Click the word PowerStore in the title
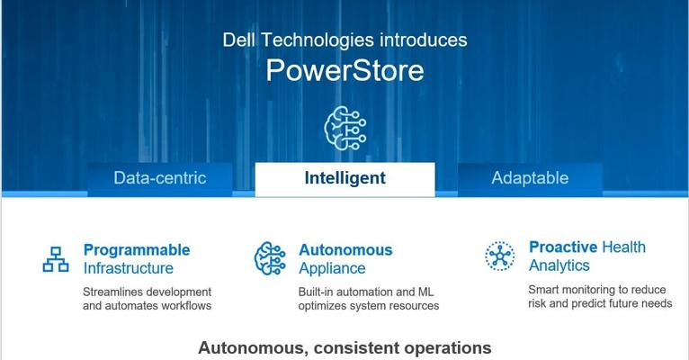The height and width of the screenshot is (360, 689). (x=344, y=70)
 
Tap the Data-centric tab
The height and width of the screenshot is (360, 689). (x=160, y=179)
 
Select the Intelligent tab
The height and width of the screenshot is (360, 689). (x=344, y=179)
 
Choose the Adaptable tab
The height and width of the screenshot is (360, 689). (x=530, y=179)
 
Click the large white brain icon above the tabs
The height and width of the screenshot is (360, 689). (x=344, y=128)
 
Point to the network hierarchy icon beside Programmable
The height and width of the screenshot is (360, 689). (x=56, y=259)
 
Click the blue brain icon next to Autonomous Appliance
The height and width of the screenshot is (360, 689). (x=270, y=258)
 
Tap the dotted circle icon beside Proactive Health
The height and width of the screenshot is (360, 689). (x=500, y=256)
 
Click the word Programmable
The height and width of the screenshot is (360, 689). (x=137, y=249)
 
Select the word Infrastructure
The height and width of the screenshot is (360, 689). (x=129, y=268)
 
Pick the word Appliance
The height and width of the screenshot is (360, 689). (x=332, y=268)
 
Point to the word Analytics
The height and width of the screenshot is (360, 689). (x=559, y=265)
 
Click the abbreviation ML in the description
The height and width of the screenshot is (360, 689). (x=425, y=292)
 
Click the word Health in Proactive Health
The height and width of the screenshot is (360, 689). (x=623, y=247)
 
